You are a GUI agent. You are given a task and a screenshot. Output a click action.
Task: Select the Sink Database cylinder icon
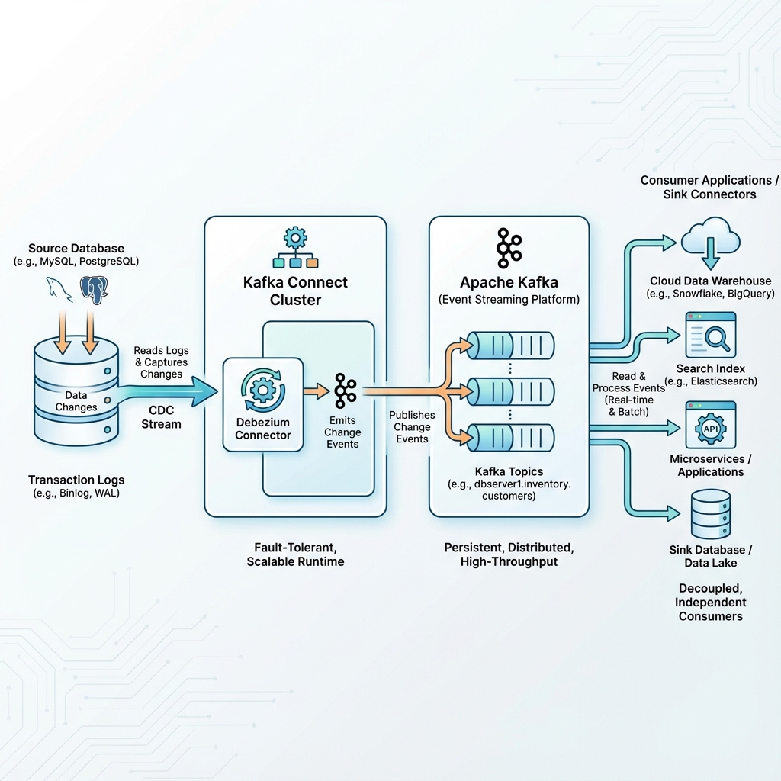coord(710,514)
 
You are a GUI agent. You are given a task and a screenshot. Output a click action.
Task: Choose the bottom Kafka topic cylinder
coord(509,437)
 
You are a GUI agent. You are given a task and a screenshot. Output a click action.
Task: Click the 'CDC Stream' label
coord(161,417)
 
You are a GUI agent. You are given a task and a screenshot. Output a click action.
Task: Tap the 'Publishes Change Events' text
coord(412,427)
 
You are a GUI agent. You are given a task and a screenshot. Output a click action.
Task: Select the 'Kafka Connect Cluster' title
coord(295,291)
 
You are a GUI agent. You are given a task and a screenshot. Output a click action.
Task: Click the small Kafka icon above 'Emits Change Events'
coord(345,390)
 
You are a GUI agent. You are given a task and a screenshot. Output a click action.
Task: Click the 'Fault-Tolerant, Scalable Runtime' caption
coord(295,554)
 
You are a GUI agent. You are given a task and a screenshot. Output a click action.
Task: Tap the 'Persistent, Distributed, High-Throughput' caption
coord(509,554)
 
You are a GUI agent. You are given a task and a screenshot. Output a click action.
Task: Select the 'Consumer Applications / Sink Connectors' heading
coord(709,187)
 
